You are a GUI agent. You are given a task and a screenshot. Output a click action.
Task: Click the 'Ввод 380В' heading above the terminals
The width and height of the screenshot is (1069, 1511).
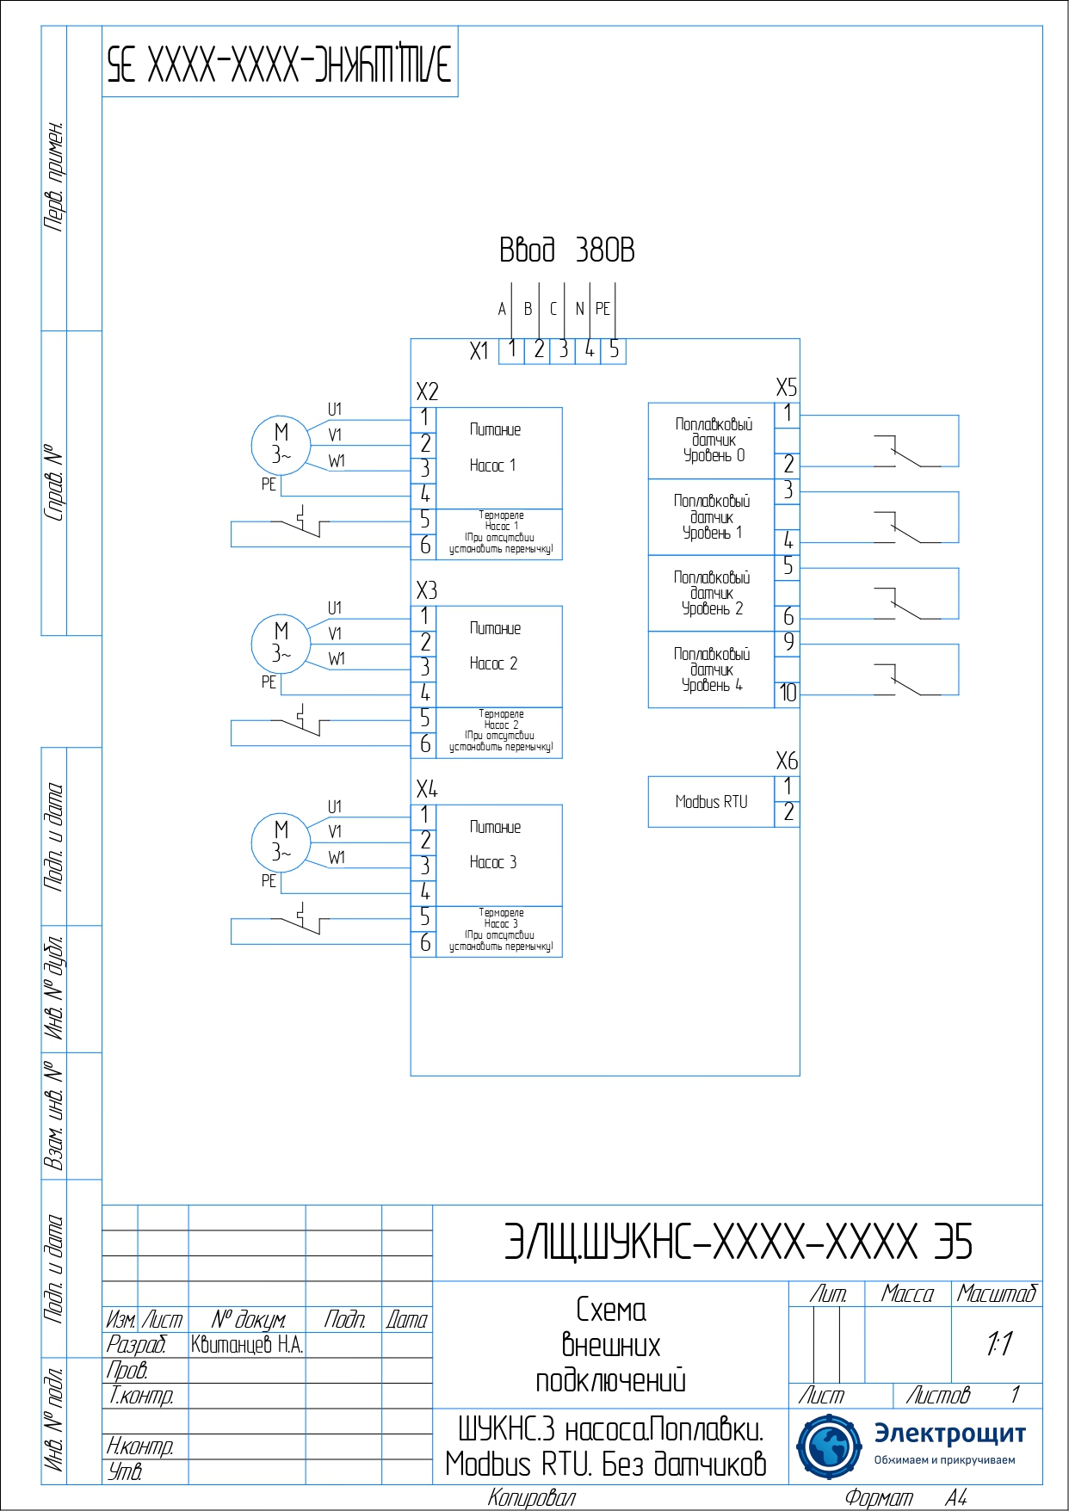click(x=566, y=250)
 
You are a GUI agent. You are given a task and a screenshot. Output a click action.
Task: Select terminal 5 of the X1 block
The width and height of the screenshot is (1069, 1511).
click(x=614, y=349)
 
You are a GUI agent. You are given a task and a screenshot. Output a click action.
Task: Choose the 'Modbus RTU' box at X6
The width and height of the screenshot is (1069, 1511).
click(x=711, y=802)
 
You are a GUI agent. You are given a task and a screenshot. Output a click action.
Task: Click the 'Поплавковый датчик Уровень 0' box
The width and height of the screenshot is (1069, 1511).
click(x=712, y=441)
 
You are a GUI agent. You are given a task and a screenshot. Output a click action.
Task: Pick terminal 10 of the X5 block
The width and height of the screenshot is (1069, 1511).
click(x=788, y=694)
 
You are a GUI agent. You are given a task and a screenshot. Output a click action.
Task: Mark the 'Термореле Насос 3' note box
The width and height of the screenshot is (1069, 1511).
click(x=499, y=931)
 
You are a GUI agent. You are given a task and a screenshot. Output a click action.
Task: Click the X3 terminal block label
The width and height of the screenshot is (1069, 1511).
click(x=427, y=590)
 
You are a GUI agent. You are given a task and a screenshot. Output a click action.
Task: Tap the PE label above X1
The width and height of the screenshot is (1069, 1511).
click(x=602, y=309)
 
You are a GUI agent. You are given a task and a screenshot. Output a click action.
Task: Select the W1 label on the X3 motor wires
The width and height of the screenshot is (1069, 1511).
click(x=337, y=659)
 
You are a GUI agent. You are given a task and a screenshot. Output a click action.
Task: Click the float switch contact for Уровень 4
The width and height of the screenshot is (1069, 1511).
click(x=904, y=680)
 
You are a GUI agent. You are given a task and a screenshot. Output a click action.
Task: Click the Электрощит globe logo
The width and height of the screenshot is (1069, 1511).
click(x=828, y=1446)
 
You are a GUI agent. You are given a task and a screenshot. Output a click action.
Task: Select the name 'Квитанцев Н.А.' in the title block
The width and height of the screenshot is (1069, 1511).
click(x=247, y=1345)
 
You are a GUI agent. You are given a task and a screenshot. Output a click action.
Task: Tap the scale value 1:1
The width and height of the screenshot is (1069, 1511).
click(x=998, y=1343)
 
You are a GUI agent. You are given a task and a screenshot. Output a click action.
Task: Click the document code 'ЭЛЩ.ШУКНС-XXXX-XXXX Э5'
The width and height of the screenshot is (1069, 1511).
click(x=738, y=1243)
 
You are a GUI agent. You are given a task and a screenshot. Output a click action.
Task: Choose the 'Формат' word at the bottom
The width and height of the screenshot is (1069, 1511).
click(x=878, y=1498)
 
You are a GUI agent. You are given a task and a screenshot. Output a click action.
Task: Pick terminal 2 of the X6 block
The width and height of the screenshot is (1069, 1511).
click(x=788, y=813)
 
